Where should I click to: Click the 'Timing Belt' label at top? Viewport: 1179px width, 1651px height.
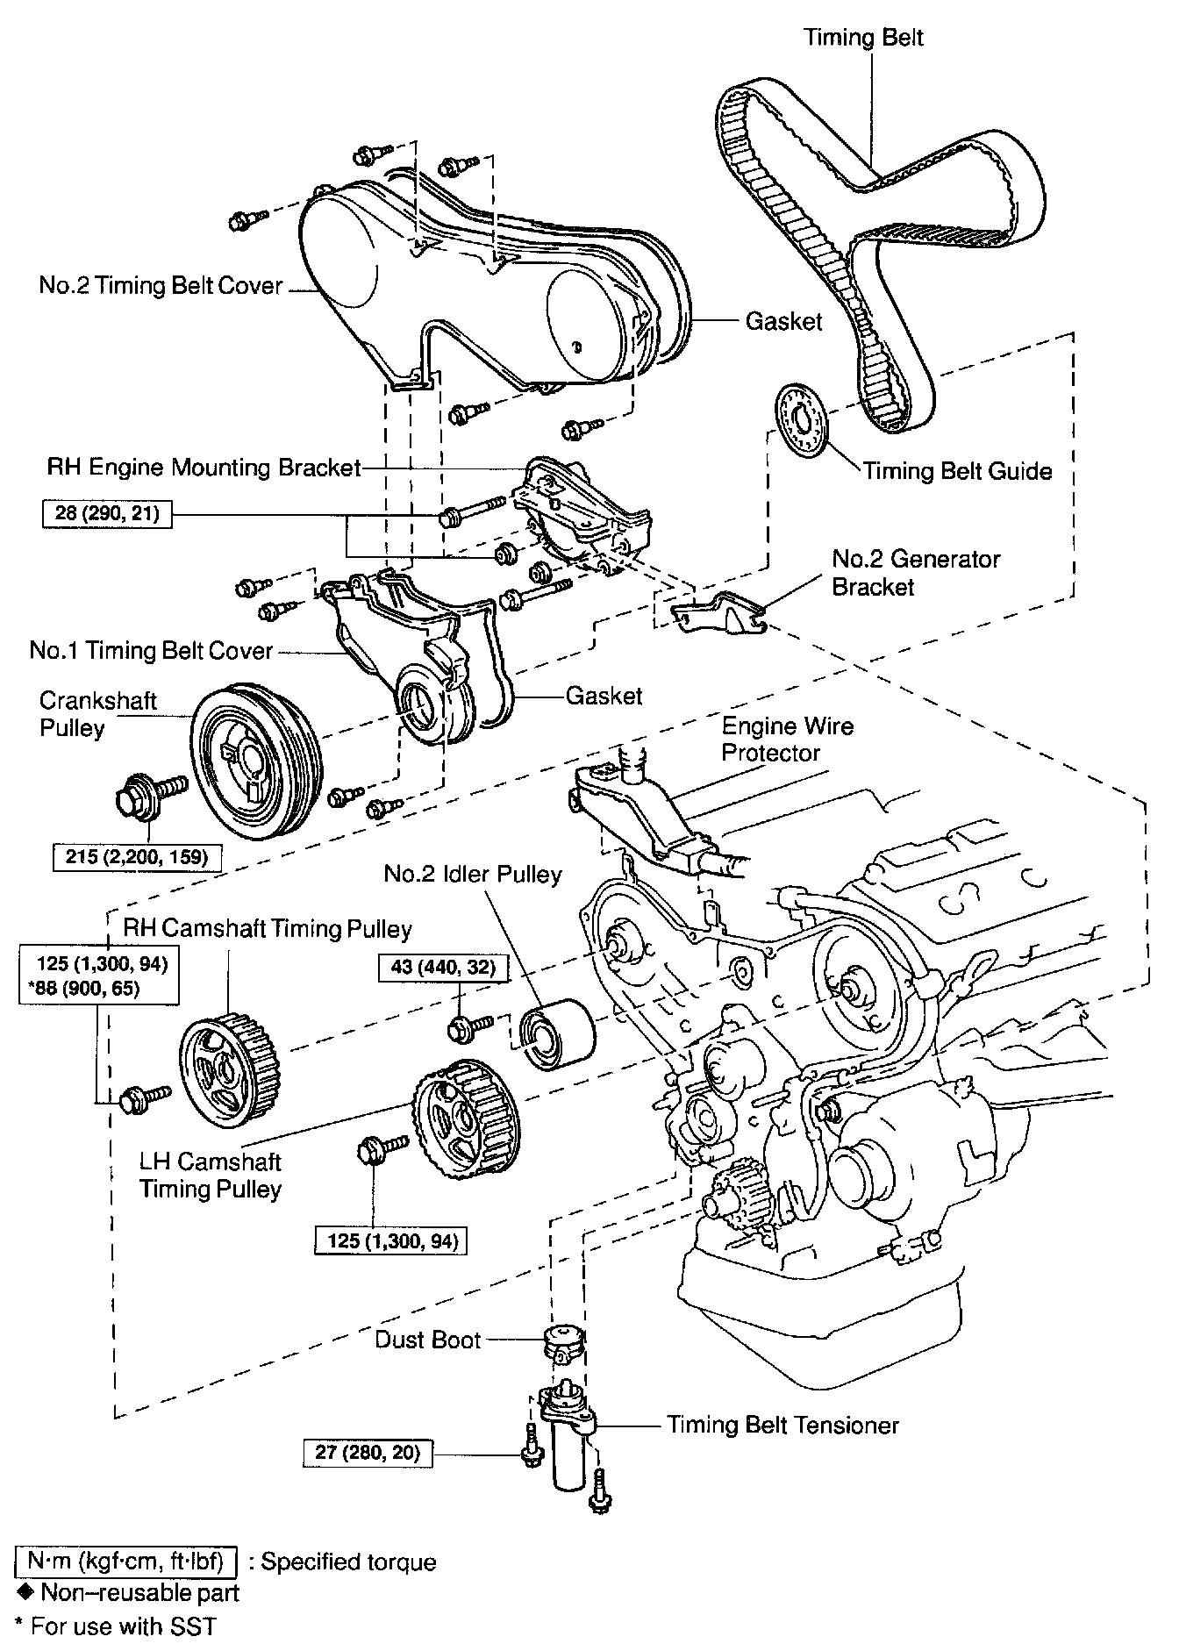click(x=863, y=37)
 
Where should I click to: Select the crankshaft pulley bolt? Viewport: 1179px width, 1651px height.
click(x=149, y=793)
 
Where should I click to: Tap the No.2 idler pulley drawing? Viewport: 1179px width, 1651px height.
click(x=557, y=1033)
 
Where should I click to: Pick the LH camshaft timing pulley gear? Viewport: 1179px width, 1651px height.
click(x=466, y=1123)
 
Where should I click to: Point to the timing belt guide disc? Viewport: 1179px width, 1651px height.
click(x=800, y=419)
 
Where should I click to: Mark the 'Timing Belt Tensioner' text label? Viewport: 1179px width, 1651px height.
click(x=782, y=1425)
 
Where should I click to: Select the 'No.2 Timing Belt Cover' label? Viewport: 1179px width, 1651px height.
click(x=161, y=286)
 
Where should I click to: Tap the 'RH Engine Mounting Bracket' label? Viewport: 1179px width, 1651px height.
click(x=204, y=467)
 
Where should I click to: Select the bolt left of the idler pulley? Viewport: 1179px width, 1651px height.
click(x=466, y=1026)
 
